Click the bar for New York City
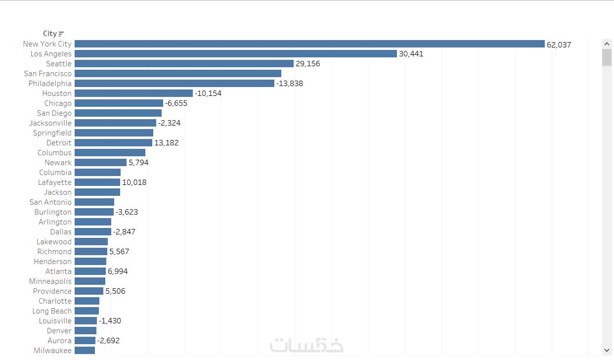click(309, 44)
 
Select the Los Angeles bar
click(236, 54)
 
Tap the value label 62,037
click(559, 45)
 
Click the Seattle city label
click(59, 64)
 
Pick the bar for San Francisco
click(178, 74)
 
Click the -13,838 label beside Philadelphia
click(290, 84)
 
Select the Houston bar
click(133, 93)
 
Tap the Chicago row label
click(58, 103)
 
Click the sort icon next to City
click(61, 34)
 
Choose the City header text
click(49, 34)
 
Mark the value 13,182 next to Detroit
click(167, 143)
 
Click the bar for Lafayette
click(97, 182)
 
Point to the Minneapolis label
click(50, 281)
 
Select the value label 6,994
click(118, 271)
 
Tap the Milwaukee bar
click(85, 351)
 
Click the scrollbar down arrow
click(607, 350)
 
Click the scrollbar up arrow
click(607, 44)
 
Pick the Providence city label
click(52, 291)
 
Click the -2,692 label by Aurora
click(108, 341)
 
